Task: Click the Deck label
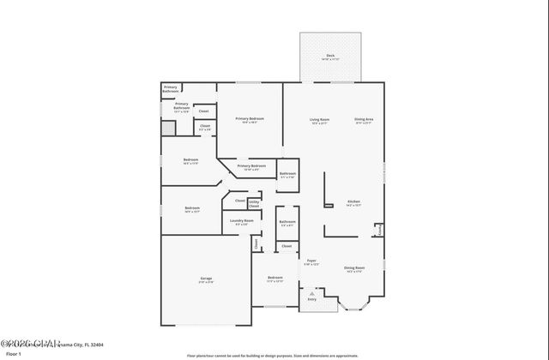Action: click(x=330, y=57)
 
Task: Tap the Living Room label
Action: click(x=320, y=120)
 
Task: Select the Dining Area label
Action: click(x=364, y=120)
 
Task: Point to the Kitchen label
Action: click(x=353, y=202)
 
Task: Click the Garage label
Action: click(x=206, y=279)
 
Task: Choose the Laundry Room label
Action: click(x=242, y=222)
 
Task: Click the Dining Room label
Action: click(x=354, y=268)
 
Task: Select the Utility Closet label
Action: click(x=254, y=204)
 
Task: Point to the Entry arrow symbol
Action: click(x=311, y=291)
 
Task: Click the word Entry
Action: click(x=311, y=299)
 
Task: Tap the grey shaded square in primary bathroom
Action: click(x=168, y=127)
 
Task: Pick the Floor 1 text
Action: click(x=14, y=353)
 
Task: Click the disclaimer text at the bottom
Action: click(x=274, y=354)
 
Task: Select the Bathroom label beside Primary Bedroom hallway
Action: click(x=287, y=174)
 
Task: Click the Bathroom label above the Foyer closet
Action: click(x=287, y=223)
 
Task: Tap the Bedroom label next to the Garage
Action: click(x=274, y=279)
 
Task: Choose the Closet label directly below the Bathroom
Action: click(x=287, y=247)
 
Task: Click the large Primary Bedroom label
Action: click(x=250, y=120)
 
